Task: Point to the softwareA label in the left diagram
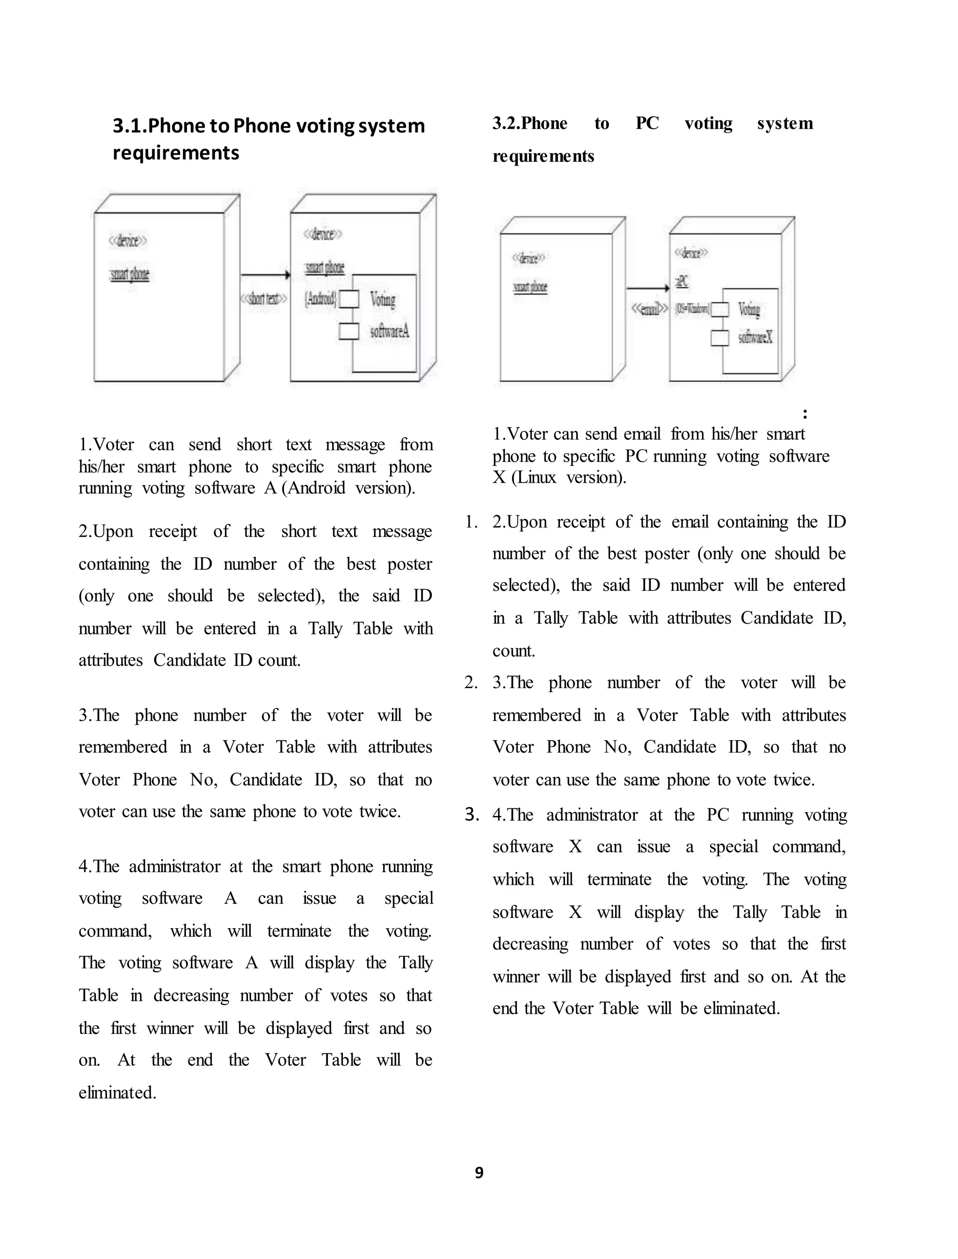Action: point(390,331)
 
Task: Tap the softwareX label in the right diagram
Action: point(755,338)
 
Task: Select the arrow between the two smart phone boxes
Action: point(265,275)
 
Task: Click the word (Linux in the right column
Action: point(533,477)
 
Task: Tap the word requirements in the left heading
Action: point(175,153)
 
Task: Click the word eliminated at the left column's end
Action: point(117,1092)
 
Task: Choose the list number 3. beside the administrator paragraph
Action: point(472,815)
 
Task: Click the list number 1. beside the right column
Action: point(471,522)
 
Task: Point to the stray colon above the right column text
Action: point(805,414)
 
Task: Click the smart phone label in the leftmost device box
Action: point(130,274)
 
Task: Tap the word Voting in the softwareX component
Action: point(749,309)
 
